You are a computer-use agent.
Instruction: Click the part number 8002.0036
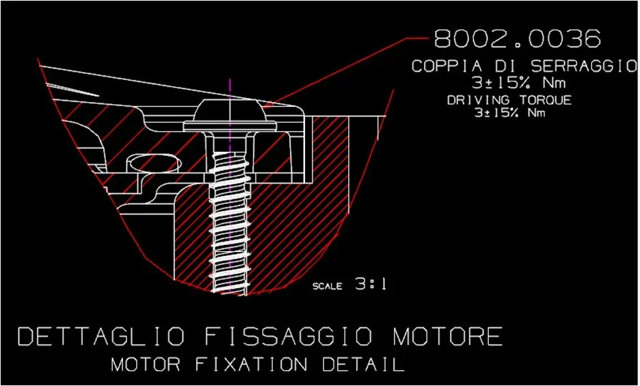pyautogui.click(x=517, y=39)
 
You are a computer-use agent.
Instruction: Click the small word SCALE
pyautogui.click(x=328, y=286)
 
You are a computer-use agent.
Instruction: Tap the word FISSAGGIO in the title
pyautogui.click(x=288, y=337)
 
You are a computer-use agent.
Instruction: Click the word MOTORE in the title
pyautogui.click(x=447, y=337)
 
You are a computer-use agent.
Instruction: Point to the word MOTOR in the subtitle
pyautogui.click(x=146, y=364)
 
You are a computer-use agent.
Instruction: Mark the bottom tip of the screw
pyautogui.click(x=229, y=292)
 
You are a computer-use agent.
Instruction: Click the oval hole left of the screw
pyautogui.click(x=155, y=163)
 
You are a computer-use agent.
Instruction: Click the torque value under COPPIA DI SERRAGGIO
pyautogui.click(x=519, y=83)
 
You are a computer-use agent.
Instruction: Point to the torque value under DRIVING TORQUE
pyautogui.click(x=510, y=112)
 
